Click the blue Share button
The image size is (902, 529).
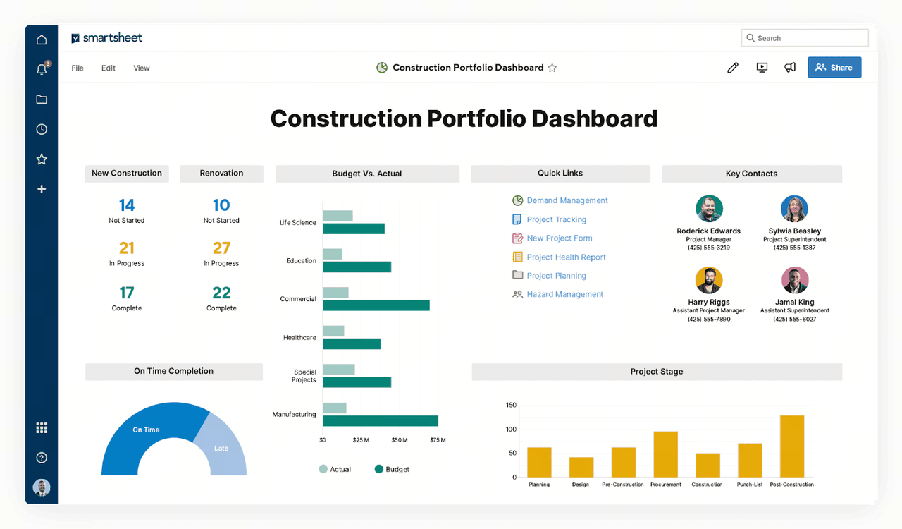point(834,67)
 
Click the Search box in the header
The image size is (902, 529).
point(805,38)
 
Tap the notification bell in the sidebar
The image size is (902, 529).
point(42,69)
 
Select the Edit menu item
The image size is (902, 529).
point(109,68)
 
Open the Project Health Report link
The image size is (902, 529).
point(566,257)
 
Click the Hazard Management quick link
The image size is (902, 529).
point(565,294)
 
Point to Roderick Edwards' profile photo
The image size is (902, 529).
point(709,209)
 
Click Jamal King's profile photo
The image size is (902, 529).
point(795,280)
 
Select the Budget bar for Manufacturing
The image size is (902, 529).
point(381,421)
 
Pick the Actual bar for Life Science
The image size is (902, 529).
point(338,216)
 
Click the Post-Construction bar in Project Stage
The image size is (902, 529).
point(792,446)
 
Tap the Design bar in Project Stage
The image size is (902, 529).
point(581,468)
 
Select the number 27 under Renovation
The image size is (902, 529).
point(221,248)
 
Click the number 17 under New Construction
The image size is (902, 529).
point(127,293)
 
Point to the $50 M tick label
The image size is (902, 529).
point(400,440)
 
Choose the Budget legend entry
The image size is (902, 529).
point(392,469)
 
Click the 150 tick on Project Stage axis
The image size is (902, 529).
point(511,405)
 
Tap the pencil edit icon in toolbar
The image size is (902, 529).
point(733,67)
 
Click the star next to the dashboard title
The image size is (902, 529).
point(552,68)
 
